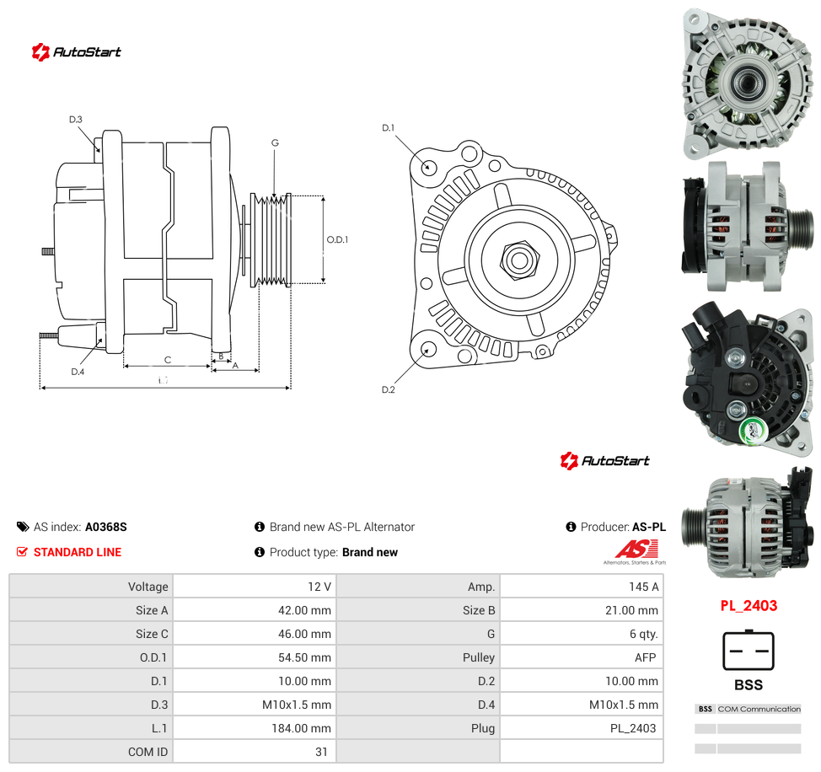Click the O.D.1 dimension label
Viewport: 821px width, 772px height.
point(337,239)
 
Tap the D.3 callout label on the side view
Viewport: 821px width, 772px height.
point(76,120)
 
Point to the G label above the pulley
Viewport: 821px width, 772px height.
point(275,143)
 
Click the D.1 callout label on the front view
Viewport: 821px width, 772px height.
point(388,128)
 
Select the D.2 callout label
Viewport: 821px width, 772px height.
point(388,389)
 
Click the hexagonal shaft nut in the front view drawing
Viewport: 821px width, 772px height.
point(519,260)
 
